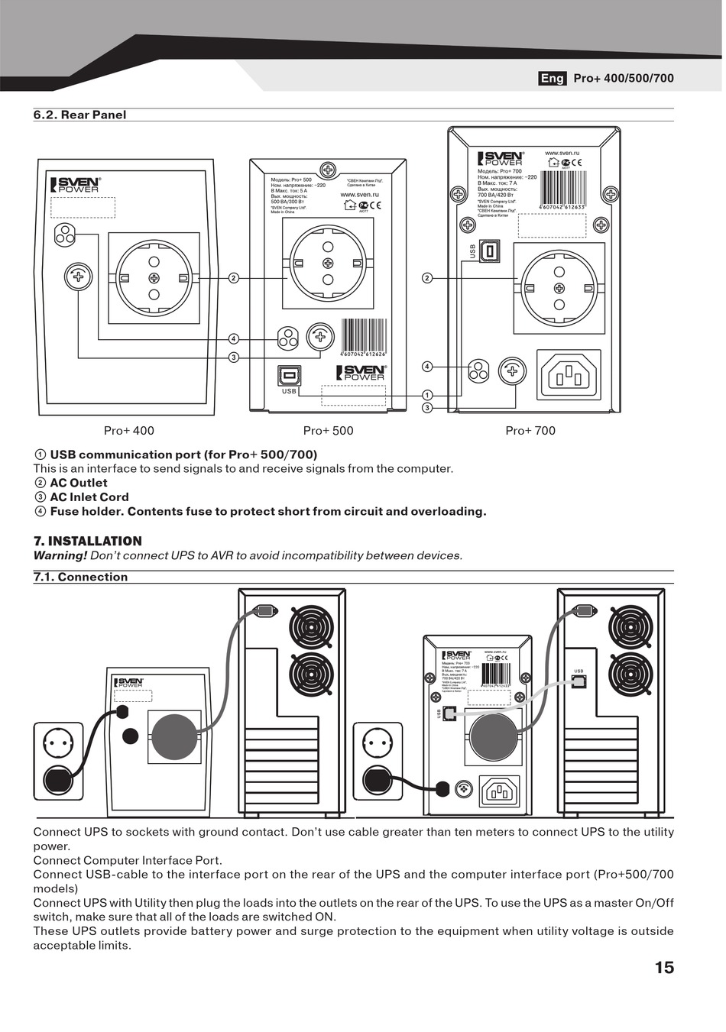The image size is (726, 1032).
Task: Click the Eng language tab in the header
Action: [552, 78]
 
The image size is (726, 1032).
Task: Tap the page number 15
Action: [664, 967]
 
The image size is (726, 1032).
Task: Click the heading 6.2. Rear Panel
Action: [79, 115]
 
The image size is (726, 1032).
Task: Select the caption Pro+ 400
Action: [128, 431]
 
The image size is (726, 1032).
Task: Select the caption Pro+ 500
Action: [328, 431]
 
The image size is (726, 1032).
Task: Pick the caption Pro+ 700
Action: [530, 431]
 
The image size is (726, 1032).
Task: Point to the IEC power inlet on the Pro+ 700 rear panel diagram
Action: [569, 374]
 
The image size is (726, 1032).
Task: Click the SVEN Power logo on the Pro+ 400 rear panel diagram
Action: [76, 185]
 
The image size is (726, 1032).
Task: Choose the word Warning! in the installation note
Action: [60, 556]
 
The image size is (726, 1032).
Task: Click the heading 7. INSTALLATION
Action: [87, 541]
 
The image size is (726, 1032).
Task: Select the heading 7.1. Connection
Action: [80, 577]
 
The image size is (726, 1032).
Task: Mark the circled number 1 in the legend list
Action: [41, 455]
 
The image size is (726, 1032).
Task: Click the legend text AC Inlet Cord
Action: [89, 497]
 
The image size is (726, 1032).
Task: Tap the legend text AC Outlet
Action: [79, 484]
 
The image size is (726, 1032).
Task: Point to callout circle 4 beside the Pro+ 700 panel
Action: [427, 367]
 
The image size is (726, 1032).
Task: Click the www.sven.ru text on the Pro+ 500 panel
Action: [359, 195]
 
